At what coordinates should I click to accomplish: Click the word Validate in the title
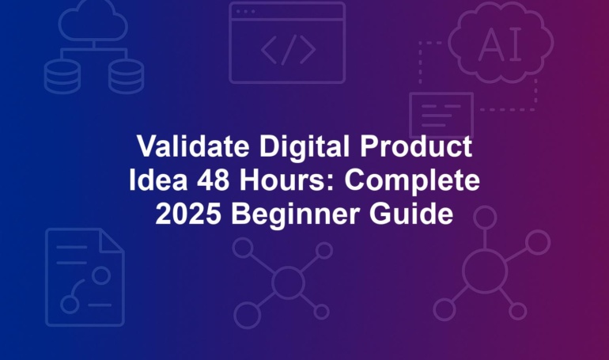point(193,146)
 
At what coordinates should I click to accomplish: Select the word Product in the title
point(415,146)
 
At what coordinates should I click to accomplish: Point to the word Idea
point(158,180)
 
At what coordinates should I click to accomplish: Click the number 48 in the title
point(213,180)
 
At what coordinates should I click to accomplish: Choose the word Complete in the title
point(412,181)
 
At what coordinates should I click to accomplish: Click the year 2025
point(188,214)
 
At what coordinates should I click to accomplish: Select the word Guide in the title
point(411,214)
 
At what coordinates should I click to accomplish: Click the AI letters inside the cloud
point(500,44)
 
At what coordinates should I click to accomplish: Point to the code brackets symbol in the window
point(288,50)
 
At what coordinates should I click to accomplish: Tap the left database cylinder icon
point(62,77)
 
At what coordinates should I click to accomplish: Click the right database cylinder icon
point(126,77)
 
